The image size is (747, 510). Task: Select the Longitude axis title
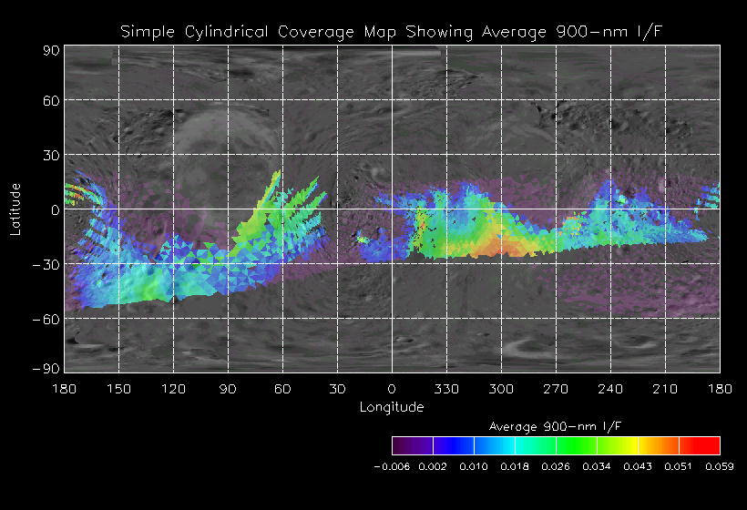(x=392, y=406)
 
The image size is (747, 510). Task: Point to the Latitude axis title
(x=15, y=209)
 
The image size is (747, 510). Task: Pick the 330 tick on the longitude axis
(x=446, y=389)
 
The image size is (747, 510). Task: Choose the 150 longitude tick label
(x=118, y=389)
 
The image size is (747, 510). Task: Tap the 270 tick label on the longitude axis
(x=556, y=389)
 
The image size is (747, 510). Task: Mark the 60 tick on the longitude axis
(x=282, y=389)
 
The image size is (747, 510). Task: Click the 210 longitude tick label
(x=665, y=389)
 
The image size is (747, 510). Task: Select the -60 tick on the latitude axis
(x=46, y=319)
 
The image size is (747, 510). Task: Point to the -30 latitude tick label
(x=46, y=264)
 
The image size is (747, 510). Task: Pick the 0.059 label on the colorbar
(x=720, y=465)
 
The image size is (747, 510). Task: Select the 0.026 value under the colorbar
(x=556, y=465)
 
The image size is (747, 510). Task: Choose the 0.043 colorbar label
(x=638, y=465)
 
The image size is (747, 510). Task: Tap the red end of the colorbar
(x=711, y=445)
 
